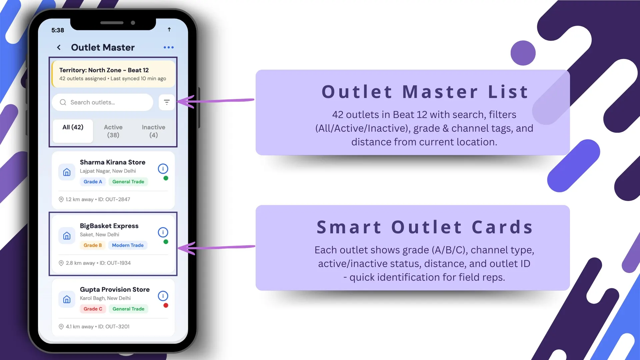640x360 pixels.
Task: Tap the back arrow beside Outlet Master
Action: click(x=59, y=47)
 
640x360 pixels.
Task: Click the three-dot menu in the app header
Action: click(x=169, y=47)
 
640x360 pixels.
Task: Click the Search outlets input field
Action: click(x=102, y=102)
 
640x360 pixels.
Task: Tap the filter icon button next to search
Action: click(x=167, y=102)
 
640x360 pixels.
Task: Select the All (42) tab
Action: click(x=73, y=127)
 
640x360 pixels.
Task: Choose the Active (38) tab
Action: click(x=113, y=131)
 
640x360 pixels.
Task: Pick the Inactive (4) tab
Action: click(x=153, y=131)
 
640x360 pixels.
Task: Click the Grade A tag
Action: click(x=93, y=182)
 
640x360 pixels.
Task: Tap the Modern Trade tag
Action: click(x=128, y=245)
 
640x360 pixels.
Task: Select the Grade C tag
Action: click(x=93, y=309)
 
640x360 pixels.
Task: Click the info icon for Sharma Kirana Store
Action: click(x=163, y=169)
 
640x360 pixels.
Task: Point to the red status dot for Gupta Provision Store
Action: click(x=166, y=306)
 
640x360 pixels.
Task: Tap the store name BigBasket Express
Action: click(x=109, y=226)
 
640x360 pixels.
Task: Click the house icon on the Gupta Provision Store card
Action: click(x=67, y=299)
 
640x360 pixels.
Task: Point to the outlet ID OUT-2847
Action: click(x=118, y=199)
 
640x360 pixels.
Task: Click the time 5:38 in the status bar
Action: click(x=58, y=30)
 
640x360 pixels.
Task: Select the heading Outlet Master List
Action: click(x=425, y=92)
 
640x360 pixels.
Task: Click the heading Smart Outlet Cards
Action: click(x=425, y=227)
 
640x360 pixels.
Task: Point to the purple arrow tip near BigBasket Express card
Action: click(x=180, y=248)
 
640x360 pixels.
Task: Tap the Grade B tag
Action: click(x=93, y=245)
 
